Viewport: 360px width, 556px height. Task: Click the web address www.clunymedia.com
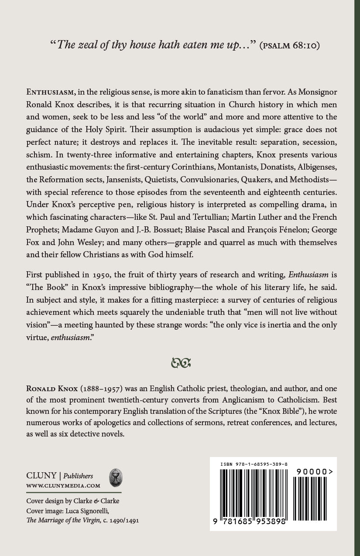pyautogui.click(x=63, y=485)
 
